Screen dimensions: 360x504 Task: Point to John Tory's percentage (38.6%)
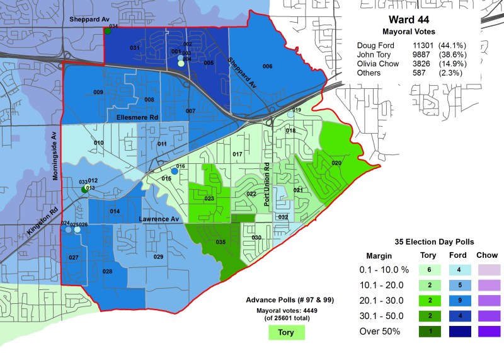[x=452, y=55]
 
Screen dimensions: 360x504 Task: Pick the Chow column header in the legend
[x=487, y=255]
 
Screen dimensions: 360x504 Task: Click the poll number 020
[x=336, y=163]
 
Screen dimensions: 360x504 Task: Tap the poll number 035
[x=220, y=242]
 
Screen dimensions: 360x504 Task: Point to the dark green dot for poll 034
[x=108, y=31]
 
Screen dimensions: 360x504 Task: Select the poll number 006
[x=267, y=66]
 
